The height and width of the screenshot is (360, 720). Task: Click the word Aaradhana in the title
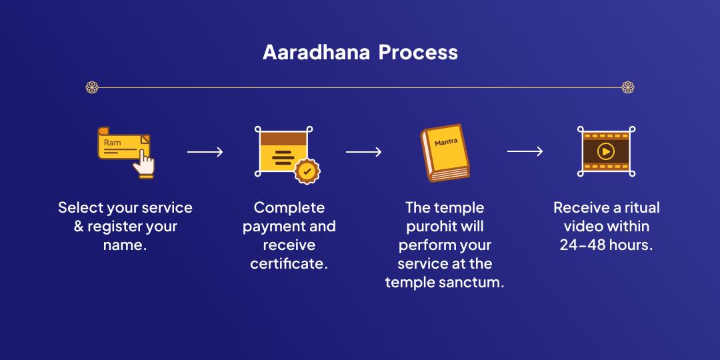317,53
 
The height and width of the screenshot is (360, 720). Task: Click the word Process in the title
418,53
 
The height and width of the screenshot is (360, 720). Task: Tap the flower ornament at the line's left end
92,87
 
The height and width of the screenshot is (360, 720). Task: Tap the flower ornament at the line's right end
628,87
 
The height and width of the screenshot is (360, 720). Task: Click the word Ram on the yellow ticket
113,143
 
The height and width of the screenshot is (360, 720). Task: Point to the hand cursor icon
144,164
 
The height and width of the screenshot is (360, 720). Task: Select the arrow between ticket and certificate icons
205,152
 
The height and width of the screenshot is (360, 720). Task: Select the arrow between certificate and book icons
364,152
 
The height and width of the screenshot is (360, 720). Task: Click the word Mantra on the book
446,142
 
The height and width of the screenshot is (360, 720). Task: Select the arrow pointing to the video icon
525,151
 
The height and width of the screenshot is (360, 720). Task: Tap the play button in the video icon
606,151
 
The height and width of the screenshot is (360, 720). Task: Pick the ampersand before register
79,227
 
